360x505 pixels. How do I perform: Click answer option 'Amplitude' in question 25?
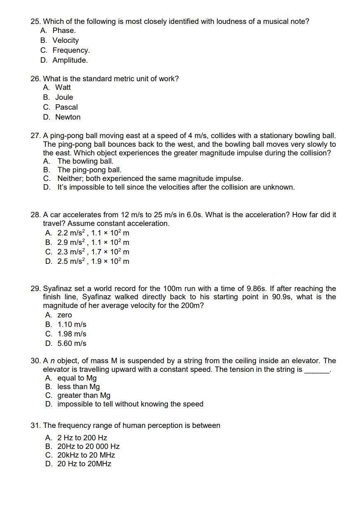[70, 60]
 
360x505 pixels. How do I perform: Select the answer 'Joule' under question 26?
[64, 97]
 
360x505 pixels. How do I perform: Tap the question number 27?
[35, 136]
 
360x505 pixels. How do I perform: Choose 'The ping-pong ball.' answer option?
[89, 170]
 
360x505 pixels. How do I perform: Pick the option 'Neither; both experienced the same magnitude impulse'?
[150, 179]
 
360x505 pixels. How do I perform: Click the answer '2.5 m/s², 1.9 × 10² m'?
[93, 261]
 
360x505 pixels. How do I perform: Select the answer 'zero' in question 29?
[64, 315]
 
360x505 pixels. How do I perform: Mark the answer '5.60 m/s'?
[72, 343]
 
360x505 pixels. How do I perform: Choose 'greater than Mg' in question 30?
[84, 395]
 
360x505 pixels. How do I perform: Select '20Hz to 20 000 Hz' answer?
[88, 446]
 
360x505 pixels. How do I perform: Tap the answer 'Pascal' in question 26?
[66, 107]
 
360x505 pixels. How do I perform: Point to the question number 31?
[35, 425]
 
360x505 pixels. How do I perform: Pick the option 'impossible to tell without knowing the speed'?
[130, 404]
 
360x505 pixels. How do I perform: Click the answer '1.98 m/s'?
[72, 334]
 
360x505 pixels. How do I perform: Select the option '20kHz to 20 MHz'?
[86, 455]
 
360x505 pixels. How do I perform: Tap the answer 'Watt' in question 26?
[63, 87]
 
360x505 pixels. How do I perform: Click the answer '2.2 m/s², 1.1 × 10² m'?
[93, 233]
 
